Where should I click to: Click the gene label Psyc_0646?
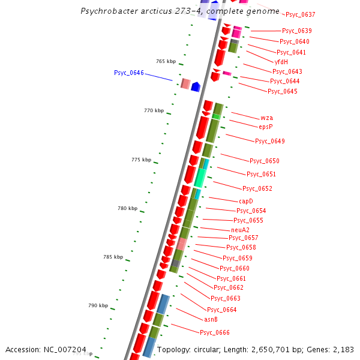point(128,73)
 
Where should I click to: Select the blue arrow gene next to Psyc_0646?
point(195,87)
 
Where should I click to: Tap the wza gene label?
point(266,118)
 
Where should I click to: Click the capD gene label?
point(246,201)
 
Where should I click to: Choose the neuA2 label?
point(240,230)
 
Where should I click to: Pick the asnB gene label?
point(211,319)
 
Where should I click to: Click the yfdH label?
point(281,62)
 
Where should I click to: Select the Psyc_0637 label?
point(300,14)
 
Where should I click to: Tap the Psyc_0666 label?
point(214,332)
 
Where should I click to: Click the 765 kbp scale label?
point(166,61)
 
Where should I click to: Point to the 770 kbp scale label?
point(154,110)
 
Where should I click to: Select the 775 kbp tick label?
point(141,160)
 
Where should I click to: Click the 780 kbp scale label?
point(127,208)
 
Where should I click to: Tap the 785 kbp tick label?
point(113,257)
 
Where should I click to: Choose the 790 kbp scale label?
point(98,305)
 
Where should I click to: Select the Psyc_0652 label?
point(257,188)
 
